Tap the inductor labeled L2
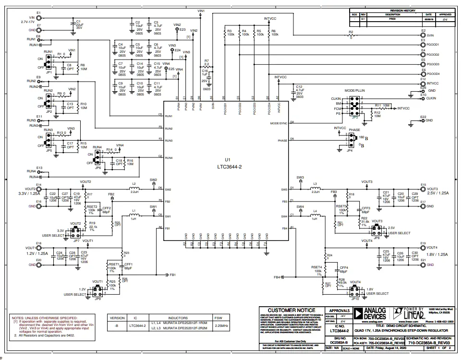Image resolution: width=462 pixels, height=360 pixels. click(x=134, y=189)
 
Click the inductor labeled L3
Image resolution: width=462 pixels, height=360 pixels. click(x=315, y=189)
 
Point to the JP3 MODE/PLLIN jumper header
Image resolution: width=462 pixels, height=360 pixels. click(x=355, y=105)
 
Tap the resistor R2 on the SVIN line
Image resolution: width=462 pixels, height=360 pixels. click(x=350, y=36)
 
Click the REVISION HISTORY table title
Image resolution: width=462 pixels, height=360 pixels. click(x=402, y=11)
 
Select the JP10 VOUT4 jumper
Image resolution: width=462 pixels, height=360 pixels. click(x=355, y=290)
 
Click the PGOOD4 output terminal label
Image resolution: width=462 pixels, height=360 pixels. click(x=433, y=74)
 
